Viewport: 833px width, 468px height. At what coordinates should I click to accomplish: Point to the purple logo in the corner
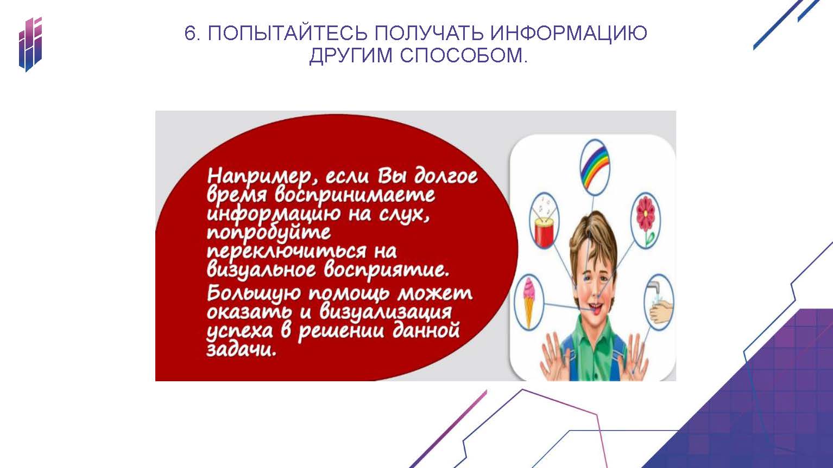click(x=30, y=44)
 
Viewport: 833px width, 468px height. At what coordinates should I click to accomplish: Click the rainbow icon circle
click(x=595, y=167)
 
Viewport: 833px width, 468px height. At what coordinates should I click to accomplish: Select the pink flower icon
click(x=646, y=220)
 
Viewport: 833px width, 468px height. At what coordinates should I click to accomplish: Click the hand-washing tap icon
click(x=660, y=302)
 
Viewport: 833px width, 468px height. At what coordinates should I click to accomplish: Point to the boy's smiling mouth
click(x=593, y=308)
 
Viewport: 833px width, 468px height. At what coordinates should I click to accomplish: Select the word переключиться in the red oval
click(x=286, y=252)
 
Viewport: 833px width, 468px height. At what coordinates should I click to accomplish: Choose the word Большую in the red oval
click(x=253, y=294)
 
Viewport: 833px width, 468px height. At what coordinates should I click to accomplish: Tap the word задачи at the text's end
click(x=242, y=349)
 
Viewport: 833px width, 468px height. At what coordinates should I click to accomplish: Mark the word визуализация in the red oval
click(x=386, y=312)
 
